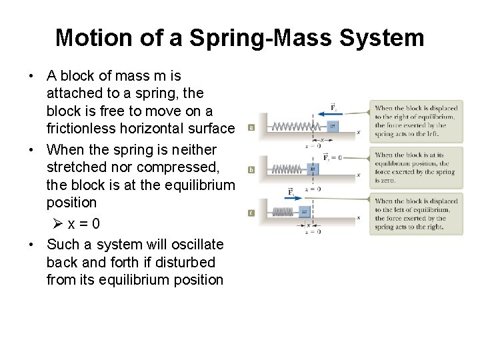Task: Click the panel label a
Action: (x=251, y=127)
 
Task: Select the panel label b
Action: (x=251, y=170)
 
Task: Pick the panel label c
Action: (x=251, y=213)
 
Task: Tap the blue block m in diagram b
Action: (x=313, y=169)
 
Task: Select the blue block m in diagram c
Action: (x=304, y=212)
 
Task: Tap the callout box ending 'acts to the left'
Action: (x=417, y=121)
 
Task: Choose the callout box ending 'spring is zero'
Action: (x=417, y=167)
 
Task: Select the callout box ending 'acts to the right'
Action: (x=417, y=213)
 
